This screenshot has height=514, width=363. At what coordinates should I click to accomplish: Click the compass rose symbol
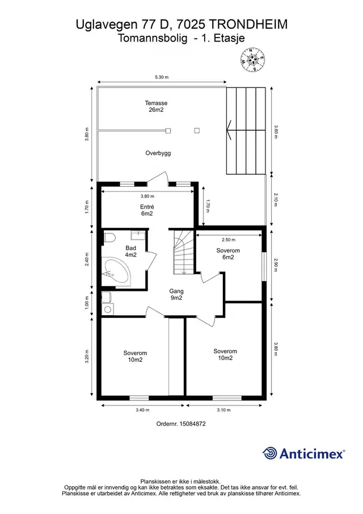pos(253,60)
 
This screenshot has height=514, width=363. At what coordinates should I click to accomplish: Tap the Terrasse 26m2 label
pos(156,106)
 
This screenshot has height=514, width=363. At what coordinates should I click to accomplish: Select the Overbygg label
pos(158,153)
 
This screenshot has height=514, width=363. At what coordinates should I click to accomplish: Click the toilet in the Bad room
pos(109,237)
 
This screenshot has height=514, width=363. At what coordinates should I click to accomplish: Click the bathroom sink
pos(138,235)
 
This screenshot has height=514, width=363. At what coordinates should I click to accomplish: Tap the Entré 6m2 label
pos(147,210)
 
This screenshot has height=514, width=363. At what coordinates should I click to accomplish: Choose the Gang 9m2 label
pos(176,294)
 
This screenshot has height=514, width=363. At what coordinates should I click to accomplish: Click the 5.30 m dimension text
pos(162,77)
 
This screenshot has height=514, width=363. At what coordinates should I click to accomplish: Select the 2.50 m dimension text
pos(229,240)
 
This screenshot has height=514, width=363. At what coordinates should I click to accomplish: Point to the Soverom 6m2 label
pos(228,254)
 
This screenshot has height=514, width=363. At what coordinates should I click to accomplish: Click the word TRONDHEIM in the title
pos(248,24)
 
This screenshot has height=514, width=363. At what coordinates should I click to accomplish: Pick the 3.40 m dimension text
pos(142,409)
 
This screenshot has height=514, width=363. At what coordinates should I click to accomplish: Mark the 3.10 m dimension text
pos(223,409)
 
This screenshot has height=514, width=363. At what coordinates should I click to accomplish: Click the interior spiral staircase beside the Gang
pos(183,252)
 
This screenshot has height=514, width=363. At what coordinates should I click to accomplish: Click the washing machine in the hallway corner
pos(108,309)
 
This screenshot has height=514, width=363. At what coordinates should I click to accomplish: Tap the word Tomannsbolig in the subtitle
pos(153,39)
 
